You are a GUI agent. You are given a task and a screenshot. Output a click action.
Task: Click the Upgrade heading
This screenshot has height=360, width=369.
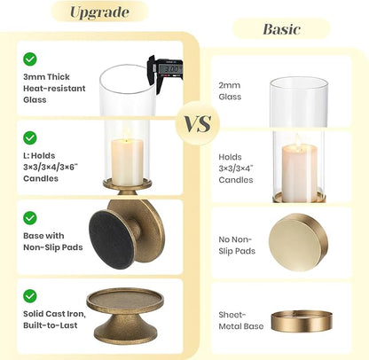(x=99, y=12)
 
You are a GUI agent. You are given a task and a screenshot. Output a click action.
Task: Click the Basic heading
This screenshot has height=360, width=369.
(x=281, y=29)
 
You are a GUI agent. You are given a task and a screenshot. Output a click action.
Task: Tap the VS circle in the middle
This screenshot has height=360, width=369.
(x=198, y=123)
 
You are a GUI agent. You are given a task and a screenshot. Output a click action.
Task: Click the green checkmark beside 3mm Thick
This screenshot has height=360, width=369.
(x=30, y=59)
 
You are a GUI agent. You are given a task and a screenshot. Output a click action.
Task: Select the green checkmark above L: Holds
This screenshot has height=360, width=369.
(x=30, y=137)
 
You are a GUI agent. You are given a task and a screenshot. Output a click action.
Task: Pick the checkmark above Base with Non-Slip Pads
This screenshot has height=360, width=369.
(x=30, y=218)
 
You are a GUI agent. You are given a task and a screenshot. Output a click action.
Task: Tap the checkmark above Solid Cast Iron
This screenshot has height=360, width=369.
(x=30, y=296)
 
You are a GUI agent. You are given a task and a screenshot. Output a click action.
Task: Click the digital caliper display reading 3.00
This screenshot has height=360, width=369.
(x=170, y=69)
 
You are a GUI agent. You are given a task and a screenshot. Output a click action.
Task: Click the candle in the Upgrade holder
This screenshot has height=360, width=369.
(x=128, y=161)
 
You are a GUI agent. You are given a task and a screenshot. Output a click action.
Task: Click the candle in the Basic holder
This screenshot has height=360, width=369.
(x=300, y=172)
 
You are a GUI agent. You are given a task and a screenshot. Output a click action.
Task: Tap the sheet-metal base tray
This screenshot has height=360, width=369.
(x=302, y=321)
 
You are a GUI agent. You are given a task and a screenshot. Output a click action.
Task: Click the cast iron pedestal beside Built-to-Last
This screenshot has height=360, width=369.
(x=125, y=316)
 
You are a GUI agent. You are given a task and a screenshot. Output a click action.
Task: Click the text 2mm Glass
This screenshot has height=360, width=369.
(x=230, y=90)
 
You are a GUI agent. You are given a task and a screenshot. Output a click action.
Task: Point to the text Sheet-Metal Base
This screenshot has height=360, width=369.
(x=241, y=320)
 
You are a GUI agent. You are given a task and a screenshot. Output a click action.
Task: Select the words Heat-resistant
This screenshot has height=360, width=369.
(x=54, y=88)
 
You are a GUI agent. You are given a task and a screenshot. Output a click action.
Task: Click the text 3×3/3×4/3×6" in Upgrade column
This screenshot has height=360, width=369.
(x=51, y=167)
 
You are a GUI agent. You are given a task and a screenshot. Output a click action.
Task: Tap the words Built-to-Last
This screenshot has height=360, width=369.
(x=51, y=325)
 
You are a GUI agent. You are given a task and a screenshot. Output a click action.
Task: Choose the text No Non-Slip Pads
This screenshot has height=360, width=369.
(x=237, y=245)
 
